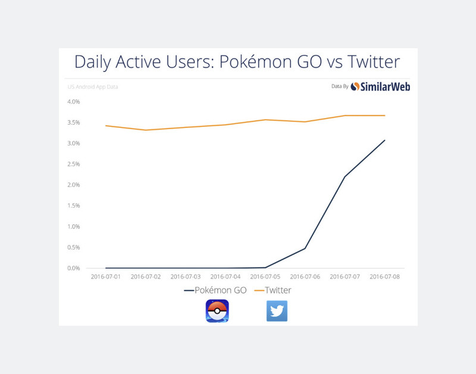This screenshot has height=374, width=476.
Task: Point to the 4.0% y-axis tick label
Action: (74, 102)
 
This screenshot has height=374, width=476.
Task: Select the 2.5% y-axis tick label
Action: (74, 164)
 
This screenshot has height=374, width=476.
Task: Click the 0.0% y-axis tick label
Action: (74, 268)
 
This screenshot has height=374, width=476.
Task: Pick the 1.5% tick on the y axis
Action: (74, 205)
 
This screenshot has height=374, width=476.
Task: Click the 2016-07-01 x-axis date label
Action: (106, 277)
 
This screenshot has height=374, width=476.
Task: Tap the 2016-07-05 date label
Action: (265, 277)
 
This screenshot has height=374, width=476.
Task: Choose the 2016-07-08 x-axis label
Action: (384, 277)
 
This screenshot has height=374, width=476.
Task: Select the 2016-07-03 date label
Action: (186, 277)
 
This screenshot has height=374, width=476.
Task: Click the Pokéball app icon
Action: (217, 311)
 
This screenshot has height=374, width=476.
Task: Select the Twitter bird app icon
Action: (277, 311)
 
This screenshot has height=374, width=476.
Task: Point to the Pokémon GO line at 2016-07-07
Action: (345, 177)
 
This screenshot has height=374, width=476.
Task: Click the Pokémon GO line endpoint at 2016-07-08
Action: (384, 141)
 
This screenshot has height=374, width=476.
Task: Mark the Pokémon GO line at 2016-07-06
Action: (305, 248)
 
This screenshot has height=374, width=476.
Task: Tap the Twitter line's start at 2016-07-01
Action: (106, 126)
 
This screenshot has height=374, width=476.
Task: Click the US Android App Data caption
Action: (92, 87)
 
